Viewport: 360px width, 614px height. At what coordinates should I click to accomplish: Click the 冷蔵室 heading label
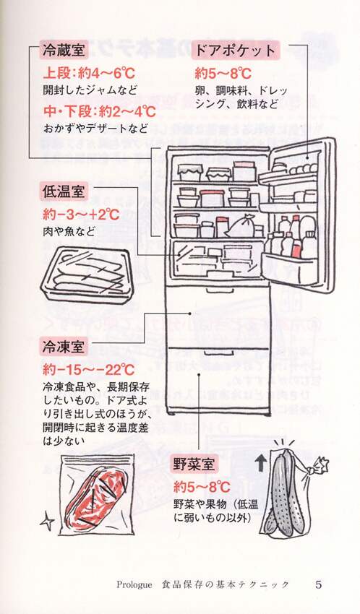pos(64,51)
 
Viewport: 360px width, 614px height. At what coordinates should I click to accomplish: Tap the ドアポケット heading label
pos(235,51)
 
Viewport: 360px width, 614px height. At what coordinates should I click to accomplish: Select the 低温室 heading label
pos(64,192)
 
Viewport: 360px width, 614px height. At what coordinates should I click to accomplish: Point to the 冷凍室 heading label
pos(64,347)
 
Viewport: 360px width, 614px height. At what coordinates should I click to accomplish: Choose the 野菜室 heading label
pos(194,465)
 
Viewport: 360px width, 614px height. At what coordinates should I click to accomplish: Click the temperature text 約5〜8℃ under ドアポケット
pos(223,74)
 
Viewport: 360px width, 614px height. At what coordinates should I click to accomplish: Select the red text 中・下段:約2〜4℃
pos(99,112)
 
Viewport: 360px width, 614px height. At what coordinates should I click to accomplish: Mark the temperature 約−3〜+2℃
pos(82,215)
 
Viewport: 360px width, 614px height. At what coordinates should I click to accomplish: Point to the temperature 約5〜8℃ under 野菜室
pos(202,488)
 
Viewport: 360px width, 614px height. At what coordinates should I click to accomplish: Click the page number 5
pos(319,584)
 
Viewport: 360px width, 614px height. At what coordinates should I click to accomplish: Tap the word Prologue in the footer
pos(134,585)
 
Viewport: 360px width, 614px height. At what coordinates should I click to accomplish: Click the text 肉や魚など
pos(69,232)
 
